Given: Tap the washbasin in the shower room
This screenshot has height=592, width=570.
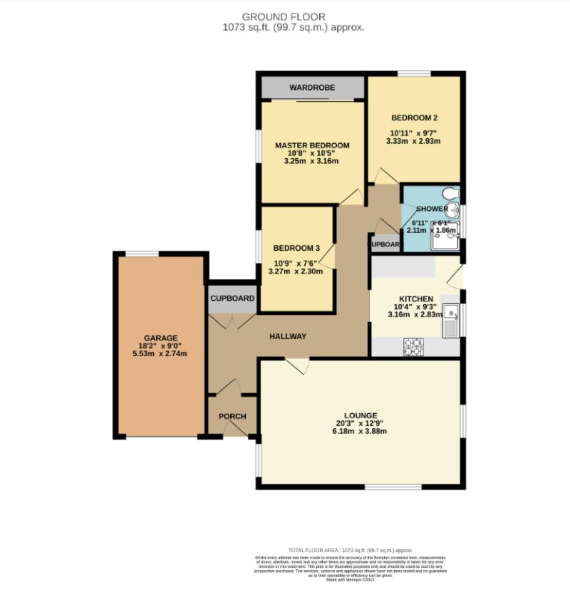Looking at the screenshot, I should [455, 211].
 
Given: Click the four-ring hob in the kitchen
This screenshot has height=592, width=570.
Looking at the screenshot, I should [414, 346].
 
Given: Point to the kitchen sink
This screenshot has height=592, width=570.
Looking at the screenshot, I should [451, 318].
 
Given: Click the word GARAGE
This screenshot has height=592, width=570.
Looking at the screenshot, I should [160, 338].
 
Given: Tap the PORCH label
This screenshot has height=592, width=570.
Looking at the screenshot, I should [232, 417].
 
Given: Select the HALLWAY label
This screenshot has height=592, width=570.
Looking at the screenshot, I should [287, 336].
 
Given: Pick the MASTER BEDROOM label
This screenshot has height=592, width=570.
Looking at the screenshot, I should [312, 145].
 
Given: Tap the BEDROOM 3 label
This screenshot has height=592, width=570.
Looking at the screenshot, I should [296, 249].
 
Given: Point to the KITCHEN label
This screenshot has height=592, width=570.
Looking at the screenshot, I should [415, 298].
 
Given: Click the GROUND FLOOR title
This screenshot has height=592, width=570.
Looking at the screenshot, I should [283, 16].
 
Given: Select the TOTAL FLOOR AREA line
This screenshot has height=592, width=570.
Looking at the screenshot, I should [350, 551].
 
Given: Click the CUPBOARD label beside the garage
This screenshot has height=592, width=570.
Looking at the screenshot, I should [232, 298].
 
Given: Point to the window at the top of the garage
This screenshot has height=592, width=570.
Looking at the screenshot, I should [142, 254].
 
